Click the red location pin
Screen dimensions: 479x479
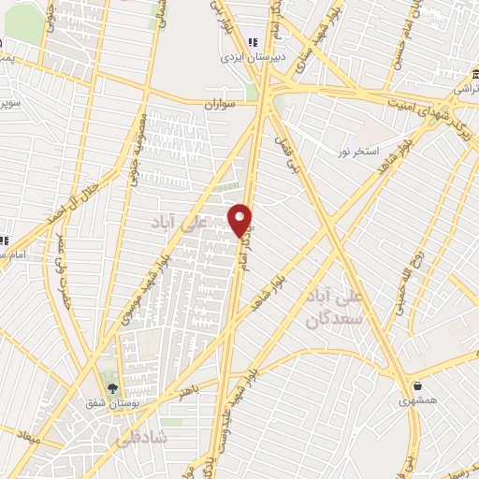(x=240, y=220)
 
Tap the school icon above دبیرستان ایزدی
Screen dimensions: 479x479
(x=253, y=42)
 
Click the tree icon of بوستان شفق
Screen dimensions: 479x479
(x=113, y=389)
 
